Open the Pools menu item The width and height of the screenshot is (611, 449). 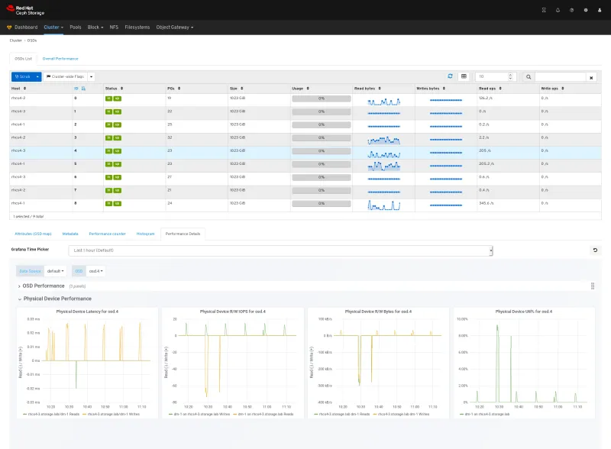pyautogui.click(x=75, y=27)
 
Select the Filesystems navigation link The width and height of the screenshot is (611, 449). pyautogui.click(x=137, y=27)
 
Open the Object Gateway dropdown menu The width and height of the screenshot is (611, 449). pyautogui.click(x=174, y=27)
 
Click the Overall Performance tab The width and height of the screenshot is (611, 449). pyautogui.click(x=60, y=58)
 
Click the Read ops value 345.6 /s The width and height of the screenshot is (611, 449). pyautogui.click(x=488, y=203)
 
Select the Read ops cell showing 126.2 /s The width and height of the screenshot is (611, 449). pyautogui.click(x=488, y=98)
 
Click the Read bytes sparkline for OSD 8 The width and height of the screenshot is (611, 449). pyautogui.click(x=383, y=205)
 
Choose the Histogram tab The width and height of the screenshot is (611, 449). pyautogui.click(x=145, y=233)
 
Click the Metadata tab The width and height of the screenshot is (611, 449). pyautogui.click(x=70, y=233)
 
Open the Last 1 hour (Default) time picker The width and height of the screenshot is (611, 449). pyautogui.click(x=280, y=250)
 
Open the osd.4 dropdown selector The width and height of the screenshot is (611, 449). pyautogui.click(x=96, y=270)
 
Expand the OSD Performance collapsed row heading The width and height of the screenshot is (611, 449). pyautogui.click(x=44, y=286)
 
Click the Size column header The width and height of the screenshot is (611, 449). pyautogui.click(x=234, y=89)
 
